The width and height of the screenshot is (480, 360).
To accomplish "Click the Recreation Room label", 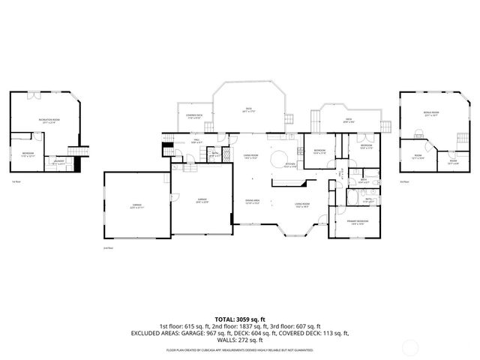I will [49, 120].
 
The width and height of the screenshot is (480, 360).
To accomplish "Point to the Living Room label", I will [302, 205].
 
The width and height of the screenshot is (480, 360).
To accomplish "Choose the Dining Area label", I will [252, 202].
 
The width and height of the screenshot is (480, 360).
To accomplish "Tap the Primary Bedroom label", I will [357, 222].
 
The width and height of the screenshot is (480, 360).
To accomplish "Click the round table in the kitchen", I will [277, 158].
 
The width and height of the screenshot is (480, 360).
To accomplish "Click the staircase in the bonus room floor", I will [417, 134].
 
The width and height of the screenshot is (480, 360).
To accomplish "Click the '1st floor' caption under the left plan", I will [16, 181].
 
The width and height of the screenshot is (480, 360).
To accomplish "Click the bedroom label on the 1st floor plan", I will [27, 154].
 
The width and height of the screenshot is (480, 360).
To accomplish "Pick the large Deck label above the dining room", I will [247, 109].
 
